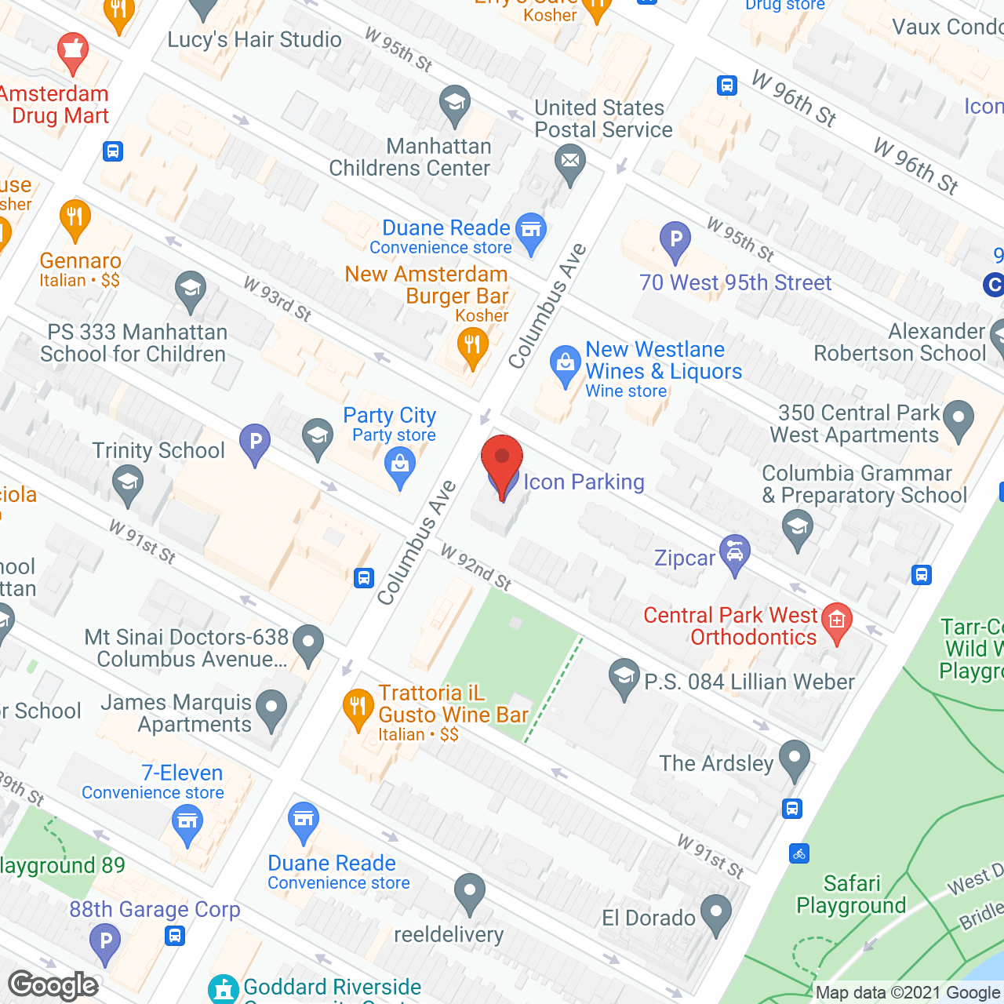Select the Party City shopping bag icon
click(x=400, y=466)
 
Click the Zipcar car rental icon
click(x=735, y=555)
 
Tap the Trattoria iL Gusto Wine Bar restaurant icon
click(x=358, y=706)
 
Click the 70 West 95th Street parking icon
click(x=675, y=240)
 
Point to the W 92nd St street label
click(x=475, y=567)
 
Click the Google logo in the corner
click(x=53, y=985)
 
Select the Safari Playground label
click(x=851, y=894)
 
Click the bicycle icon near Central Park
click(x=799, y=853)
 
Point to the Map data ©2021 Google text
click(x=908, y=993)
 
